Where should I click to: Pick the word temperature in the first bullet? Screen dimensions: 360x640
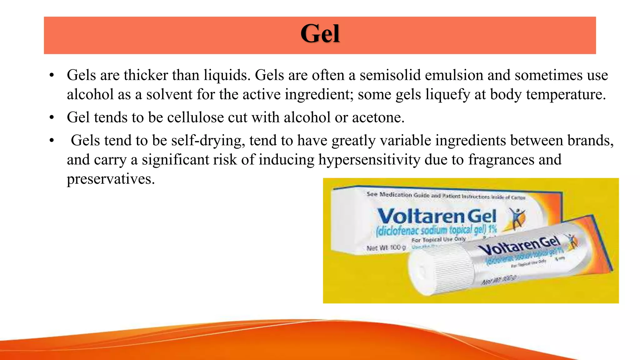coord(566,94)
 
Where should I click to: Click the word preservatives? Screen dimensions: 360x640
coord(111,179)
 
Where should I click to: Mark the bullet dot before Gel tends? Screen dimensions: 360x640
coord(52,118)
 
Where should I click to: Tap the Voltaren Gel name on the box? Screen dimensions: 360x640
coord(436,216)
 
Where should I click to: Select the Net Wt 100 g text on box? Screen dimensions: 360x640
coord(386,248)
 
